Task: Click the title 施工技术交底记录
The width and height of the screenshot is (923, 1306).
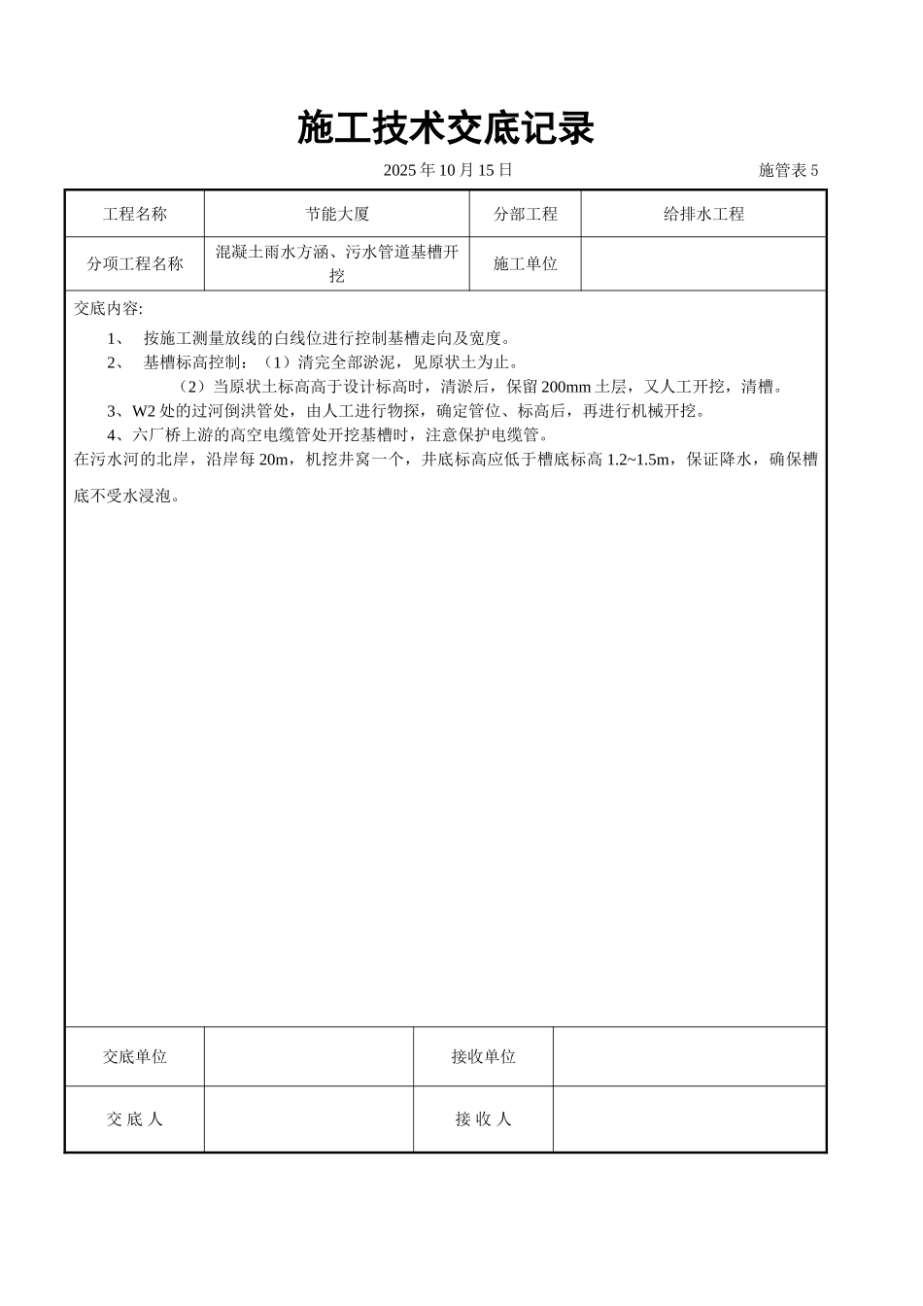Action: coord(446,128)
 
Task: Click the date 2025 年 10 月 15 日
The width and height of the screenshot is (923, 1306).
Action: coord(447,170)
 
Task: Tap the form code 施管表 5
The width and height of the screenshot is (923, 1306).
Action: coord(788,170)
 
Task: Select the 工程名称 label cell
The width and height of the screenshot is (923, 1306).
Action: coord(135,214)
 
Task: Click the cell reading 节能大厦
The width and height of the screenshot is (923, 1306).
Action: coord(337,214)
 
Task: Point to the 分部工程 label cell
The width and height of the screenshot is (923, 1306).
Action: coord(526,214)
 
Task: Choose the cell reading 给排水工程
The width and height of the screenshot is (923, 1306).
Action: coord(703,214)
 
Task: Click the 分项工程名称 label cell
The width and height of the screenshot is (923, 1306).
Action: coord(135,263)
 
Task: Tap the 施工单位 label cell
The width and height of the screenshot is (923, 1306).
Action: coord(526,263)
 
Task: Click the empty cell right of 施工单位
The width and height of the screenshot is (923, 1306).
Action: coord(703,263)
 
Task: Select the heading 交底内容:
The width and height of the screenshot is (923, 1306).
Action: coord(109,309)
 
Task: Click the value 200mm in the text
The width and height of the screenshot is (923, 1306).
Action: coord(565,387)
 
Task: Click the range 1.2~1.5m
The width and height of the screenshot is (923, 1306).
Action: coord(638,460)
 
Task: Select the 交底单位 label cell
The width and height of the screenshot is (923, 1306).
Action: coord(135,1056)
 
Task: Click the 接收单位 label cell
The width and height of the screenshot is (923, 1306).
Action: coord(483,1056)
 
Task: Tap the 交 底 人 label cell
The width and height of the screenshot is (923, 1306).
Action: coord(135,1118)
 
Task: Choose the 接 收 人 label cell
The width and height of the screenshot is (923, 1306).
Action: coord(483,1118)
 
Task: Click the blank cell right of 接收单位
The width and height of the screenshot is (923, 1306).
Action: coord(690,1056)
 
